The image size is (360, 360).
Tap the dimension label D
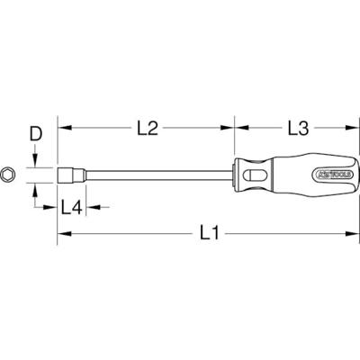pyautogui.click(x=35, y=135)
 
